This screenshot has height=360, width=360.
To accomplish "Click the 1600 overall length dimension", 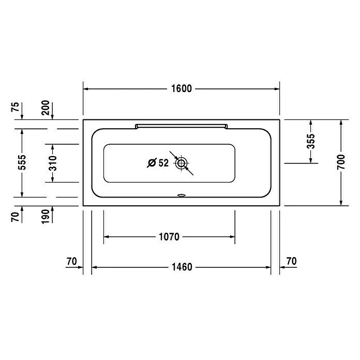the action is click(182, 88).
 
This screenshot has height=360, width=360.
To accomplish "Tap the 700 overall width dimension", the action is click(341, 162).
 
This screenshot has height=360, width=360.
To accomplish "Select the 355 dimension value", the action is click(311, 141).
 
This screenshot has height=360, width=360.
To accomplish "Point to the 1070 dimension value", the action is click(169, 237).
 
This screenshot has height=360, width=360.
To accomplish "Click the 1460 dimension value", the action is click(182, 267).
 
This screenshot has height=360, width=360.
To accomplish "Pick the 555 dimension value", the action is click(22, 162).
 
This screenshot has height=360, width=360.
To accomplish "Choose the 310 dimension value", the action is click(53, 163).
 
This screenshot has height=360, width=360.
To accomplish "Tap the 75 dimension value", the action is click(15, 107).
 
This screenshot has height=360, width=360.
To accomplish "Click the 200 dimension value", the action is click(46, 108).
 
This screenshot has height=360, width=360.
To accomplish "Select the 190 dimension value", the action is click(46, 217).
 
